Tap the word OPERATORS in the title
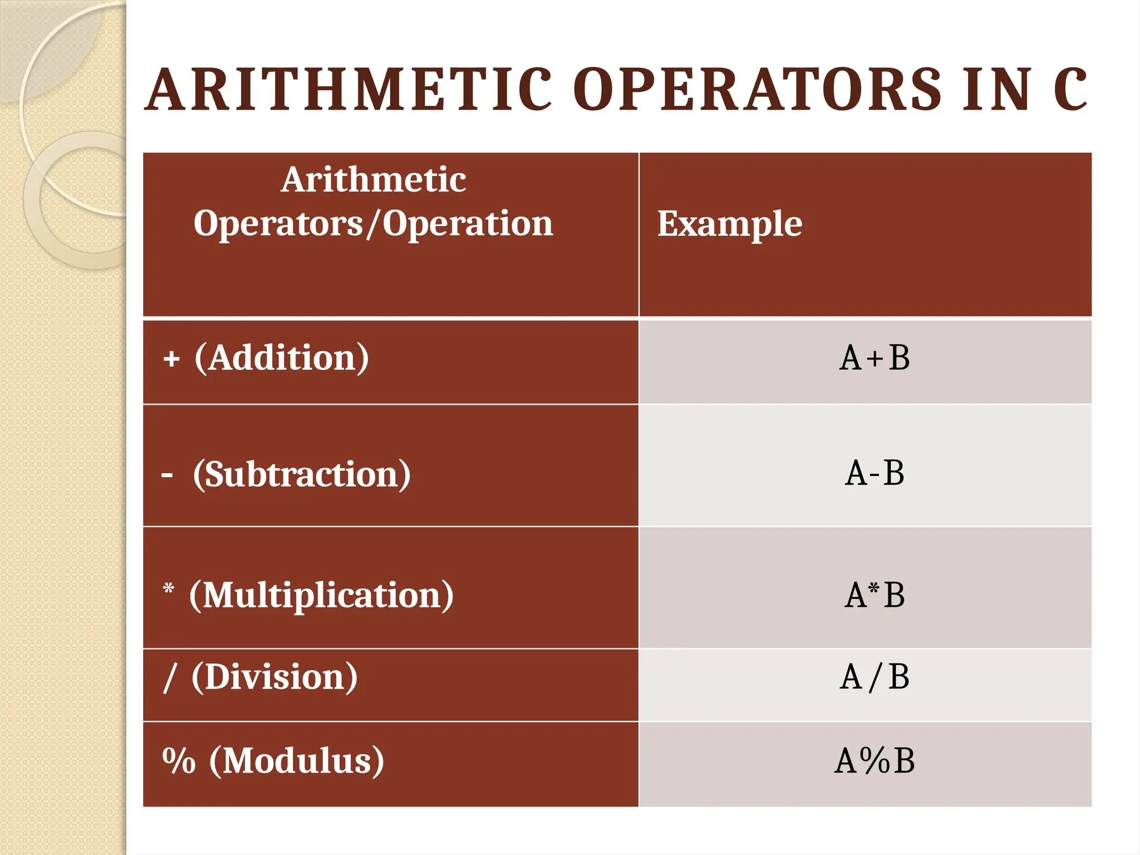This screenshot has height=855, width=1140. [758, 90]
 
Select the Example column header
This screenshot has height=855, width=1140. [730, 224]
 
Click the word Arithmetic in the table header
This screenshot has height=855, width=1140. [374, 180]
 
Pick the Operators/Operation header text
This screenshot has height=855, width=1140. [374, 224]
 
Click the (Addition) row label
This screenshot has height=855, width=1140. [282, 357]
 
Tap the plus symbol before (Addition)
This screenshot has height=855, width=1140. [171, 359]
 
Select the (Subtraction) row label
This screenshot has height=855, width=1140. [302, 474]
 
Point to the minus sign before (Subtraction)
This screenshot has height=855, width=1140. [167, 475]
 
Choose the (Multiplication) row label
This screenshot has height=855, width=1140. [322, 595]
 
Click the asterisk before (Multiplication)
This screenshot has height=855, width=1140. [169, 588]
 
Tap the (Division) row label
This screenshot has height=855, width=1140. [274, 677]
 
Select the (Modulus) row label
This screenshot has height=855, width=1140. [297, 760]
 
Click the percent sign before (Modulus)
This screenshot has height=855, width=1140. [179, 760]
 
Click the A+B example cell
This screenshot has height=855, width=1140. [874, 358]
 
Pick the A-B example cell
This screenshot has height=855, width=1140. [874, 474]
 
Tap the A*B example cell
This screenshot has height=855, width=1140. [874, 595]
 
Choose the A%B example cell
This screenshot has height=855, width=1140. [874, 761]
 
